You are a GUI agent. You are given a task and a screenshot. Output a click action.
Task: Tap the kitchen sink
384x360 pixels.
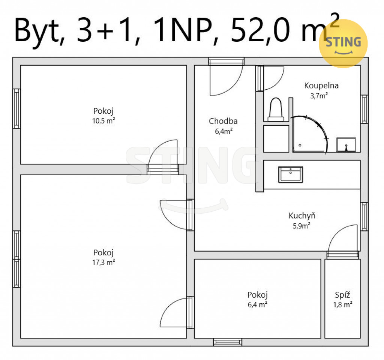coord(291,174)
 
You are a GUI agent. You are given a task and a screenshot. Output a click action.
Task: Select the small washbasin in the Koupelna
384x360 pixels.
coord(346,145)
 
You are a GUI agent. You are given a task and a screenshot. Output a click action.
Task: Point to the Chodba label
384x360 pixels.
coord(223,121)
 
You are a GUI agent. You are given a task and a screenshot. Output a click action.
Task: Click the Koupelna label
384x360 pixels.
coord(321,86)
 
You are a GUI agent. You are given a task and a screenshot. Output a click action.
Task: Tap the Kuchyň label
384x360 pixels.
coord(302,215)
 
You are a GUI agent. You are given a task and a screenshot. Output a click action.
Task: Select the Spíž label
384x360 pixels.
coord(342,295)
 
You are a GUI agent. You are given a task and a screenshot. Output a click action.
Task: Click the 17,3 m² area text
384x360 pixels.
coord(103,262)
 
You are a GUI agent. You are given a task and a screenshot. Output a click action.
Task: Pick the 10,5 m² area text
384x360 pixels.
coord(103,121)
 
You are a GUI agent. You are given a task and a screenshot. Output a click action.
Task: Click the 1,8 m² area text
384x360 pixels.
coord(343,304)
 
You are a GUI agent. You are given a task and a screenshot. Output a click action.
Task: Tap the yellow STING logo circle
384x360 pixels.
coord(343,44)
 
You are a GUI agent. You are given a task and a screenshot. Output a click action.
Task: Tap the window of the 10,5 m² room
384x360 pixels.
coord(16,108)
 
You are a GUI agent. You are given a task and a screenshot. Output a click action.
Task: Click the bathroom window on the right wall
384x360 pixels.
coord(364,109)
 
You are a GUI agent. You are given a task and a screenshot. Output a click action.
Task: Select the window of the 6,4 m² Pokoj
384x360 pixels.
coord(228,342)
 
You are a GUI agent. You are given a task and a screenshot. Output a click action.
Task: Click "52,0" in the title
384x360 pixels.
coord(261,30)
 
